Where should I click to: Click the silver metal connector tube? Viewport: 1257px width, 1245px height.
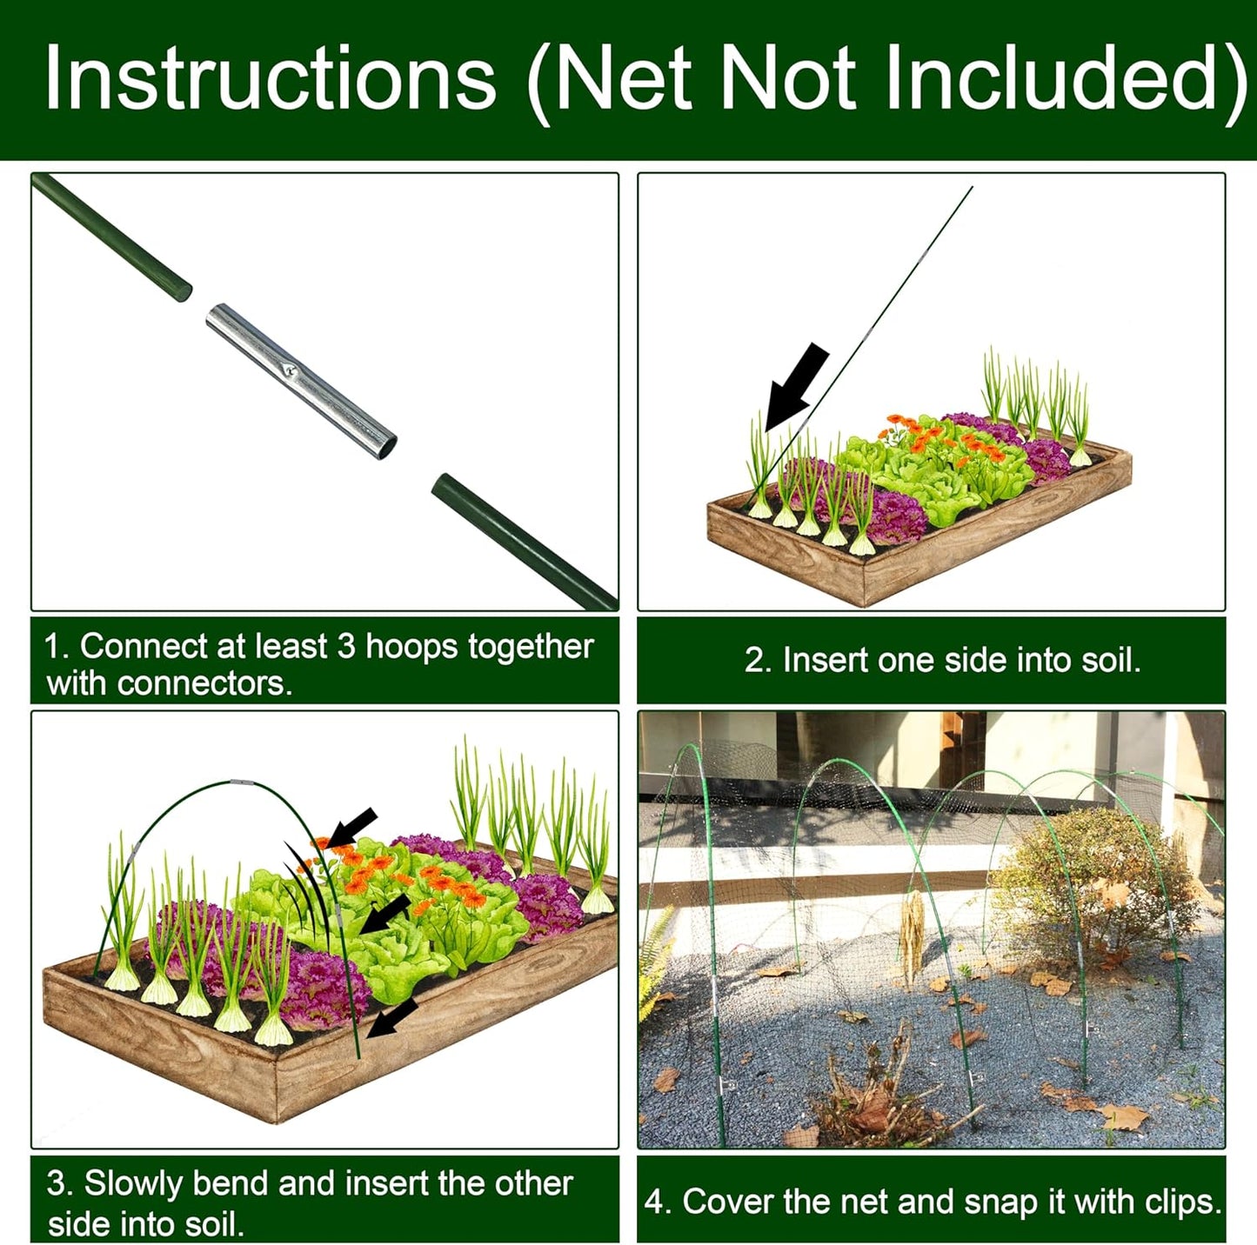pos(301,381)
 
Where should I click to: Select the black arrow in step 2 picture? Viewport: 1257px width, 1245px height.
pos(796,386)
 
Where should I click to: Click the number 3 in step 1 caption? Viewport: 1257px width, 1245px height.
pos(346,647)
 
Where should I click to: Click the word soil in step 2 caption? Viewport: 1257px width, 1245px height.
pos(1108,661)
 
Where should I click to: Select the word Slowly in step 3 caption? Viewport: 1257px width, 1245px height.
pos(133,1184)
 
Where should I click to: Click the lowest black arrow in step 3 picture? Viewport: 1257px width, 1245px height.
pos(393,1017)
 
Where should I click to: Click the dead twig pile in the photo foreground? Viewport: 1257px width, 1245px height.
pos(879,1095)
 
